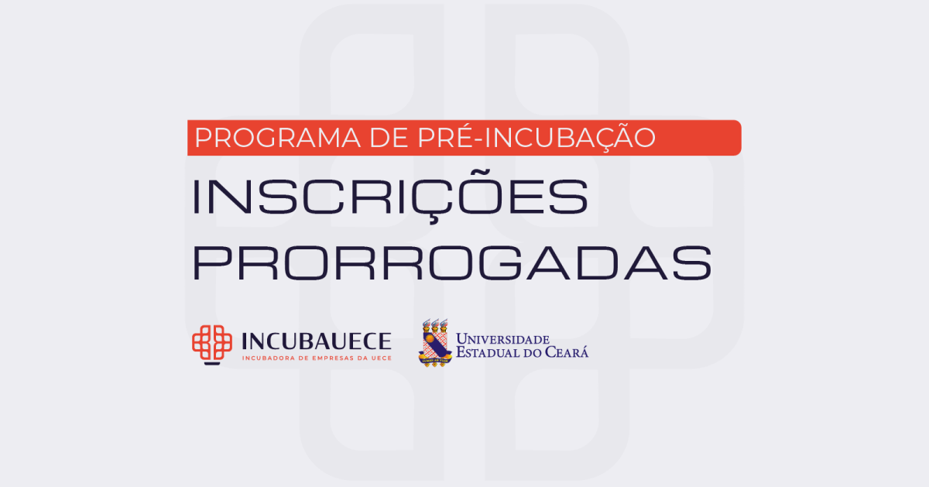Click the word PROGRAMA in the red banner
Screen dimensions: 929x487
click(x=277, y=138)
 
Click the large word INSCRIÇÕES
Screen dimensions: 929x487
click(x=390, y=196)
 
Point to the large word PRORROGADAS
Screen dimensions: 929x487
click(x=452, y=263)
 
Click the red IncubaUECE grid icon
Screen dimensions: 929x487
click(x=212, y=345)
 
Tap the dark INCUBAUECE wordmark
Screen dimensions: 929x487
click(x=317, y=341)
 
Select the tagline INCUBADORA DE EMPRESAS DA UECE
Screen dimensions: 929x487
click(x=317, y=358)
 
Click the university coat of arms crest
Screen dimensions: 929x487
click(x=434, y=343)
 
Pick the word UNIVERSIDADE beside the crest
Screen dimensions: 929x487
click(x=502, y=339)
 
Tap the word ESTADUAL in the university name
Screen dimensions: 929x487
click(x=488, y=352)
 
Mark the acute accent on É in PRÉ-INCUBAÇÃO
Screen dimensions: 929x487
click(x=464, y=124)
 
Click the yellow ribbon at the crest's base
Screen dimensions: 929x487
click(x=435, y=360)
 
